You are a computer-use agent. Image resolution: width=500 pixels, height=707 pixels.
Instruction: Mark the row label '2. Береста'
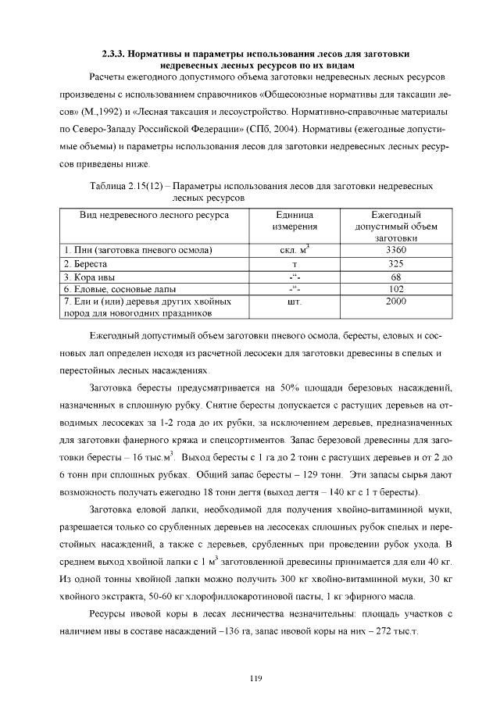point(87,263)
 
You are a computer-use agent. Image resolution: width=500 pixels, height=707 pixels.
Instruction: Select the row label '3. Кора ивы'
point(90,277)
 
